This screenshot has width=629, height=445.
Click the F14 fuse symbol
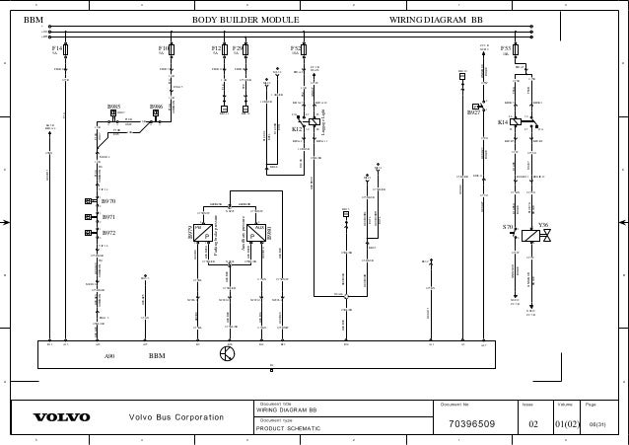pos(65,48)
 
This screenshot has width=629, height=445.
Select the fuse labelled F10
pos(173,48)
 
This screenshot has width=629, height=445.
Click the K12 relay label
pos(297,128)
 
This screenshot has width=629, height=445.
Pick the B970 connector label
pos(108,201)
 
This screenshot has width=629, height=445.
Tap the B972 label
pos(108,233)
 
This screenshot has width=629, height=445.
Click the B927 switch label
pos(473,112)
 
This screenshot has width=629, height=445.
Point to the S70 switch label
pos(508,226)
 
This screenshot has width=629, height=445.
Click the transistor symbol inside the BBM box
pos(228,354)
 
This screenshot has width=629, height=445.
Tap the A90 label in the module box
pos(110,354)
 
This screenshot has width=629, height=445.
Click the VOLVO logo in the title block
pos(61,417)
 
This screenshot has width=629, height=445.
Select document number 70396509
pos(471,425)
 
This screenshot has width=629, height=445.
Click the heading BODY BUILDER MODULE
pos(245,19)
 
